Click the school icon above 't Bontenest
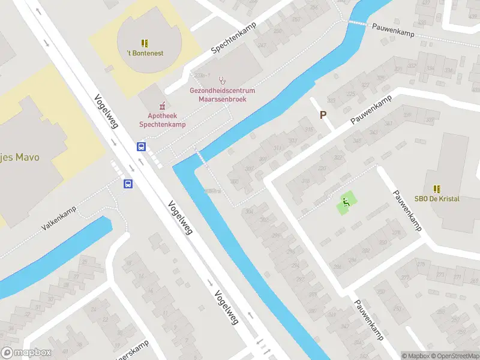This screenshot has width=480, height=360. (144, 43)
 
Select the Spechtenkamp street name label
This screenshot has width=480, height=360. (233, 39)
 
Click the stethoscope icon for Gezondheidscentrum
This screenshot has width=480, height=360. (223, 79)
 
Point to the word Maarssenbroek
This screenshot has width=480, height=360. (223, 98)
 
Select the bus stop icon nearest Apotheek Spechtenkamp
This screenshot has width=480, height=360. (142, 146)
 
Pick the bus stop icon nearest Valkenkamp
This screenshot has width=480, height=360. (128, 184)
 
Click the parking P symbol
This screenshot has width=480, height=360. (323, 115)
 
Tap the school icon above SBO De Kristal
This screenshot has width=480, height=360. (436, 188)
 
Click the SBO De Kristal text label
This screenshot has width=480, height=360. (436, 199)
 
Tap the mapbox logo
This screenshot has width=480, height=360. (26, 352)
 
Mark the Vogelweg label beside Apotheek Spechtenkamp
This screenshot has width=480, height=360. (107, 112)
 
